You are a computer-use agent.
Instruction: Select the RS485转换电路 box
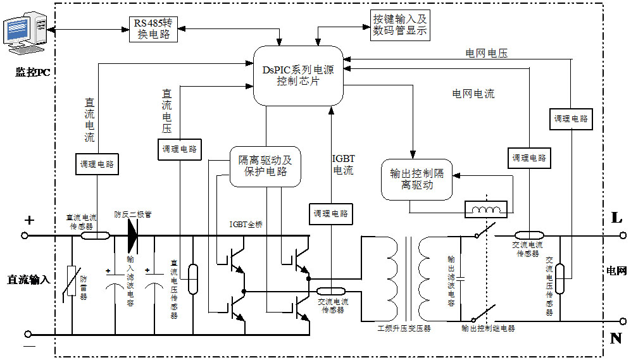tap(153, 28)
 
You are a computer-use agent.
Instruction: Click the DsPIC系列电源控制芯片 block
tap(298, 75)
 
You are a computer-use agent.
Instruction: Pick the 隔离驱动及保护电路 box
tap(265, 166)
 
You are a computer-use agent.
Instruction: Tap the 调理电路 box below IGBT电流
tap(330, 213)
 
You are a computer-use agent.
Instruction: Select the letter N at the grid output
tap(616, 338)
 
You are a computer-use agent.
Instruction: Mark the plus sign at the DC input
tap(28, 220)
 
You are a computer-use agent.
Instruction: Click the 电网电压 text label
tap(486, 54)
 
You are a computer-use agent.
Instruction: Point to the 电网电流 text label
tap(473, 94)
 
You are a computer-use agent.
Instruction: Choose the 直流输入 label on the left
tap(29, 279)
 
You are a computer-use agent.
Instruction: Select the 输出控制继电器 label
tap(488, 328)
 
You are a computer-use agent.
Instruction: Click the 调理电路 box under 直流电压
tap(178, 150)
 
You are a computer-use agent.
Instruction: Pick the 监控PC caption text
tap(32, 72)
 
